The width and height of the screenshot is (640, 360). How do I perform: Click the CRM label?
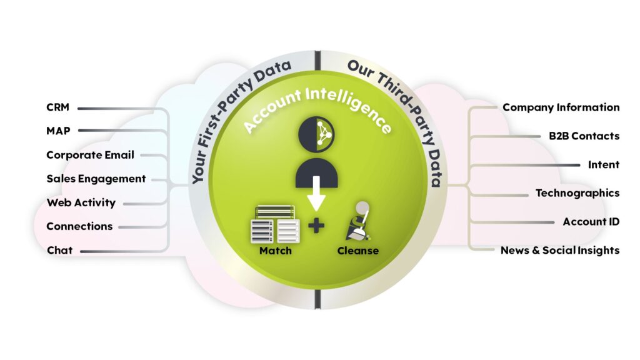pos(57,107)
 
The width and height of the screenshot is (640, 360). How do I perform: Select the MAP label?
pos(58,131)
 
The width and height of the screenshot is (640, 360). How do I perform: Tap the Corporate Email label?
pos(90,155)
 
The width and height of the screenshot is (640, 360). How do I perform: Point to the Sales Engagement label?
pos(96,179)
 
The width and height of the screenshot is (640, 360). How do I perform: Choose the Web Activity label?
pos(81,202)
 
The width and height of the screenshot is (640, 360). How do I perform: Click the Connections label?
pos(79,226)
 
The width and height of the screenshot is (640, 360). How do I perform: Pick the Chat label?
pos(59,250)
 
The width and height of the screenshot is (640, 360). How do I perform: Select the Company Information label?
pos(561,107)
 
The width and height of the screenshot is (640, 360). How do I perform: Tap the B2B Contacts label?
pos(580,136)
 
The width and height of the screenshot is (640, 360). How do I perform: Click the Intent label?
pos(603,165)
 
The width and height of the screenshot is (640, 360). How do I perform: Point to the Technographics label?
pos(577,193)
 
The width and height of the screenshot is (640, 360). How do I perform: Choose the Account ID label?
pos(591,222)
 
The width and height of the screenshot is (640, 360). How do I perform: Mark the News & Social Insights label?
pos(559,251)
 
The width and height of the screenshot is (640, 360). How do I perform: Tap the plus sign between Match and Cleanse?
pos(317,225)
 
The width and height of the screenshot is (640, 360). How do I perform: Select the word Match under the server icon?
pos(276,251)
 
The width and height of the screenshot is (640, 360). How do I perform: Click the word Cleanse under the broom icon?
pos(357,251)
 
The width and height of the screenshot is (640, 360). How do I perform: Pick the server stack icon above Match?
pos(276,224)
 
